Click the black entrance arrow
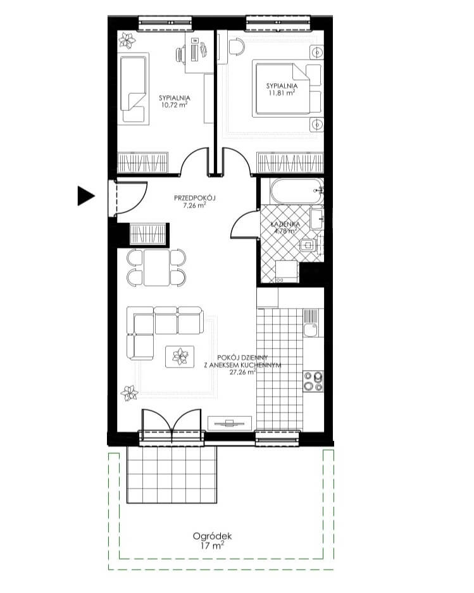85,196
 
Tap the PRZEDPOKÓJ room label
194,198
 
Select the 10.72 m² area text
175,105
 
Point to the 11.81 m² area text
282,93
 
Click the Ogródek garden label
212,536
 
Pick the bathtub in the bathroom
297,191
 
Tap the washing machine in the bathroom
287,272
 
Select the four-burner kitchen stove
313,381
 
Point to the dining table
156,267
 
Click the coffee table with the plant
180,356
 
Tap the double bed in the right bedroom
288,89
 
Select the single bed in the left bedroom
134,89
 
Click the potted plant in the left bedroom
127,40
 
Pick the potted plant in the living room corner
129,393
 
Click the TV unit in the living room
230,423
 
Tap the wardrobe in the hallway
148,234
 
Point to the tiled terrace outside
172,475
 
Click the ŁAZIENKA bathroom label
285,225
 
